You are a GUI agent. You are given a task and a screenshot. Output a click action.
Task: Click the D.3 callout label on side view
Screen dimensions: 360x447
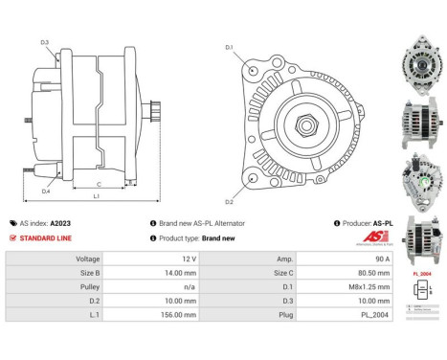point(45,42)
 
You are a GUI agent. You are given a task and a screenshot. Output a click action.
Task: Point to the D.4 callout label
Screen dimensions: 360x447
point(46,191)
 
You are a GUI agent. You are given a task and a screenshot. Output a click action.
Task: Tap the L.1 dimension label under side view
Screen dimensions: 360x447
point(96,197)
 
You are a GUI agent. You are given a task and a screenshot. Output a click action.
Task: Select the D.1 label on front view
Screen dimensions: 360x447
point(230,47)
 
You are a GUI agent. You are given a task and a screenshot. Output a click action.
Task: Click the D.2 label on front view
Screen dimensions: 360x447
point(230,201)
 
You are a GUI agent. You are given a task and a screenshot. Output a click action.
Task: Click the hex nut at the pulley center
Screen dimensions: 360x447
point(310,123)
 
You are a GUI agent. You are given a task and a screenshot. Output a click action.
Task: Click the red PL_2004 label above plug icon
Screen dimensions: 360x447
point(422,274)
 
